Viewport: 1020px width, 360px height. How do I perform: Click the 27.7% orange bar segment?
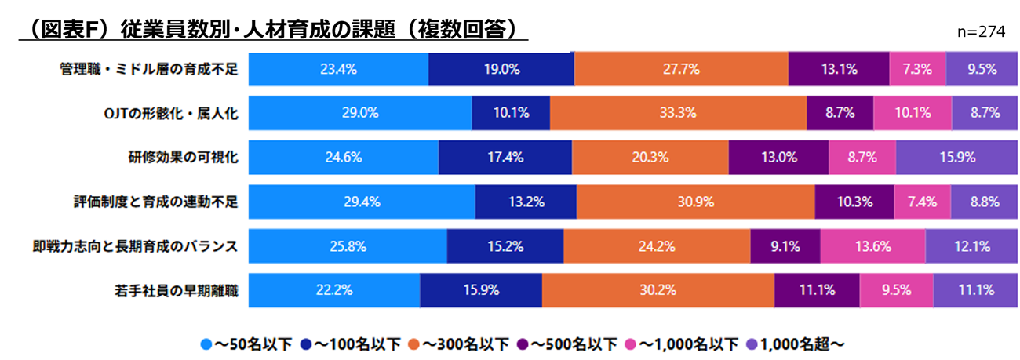point(680,69)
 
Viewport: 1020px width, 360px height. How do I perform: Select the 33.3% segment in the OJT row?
point(678,113)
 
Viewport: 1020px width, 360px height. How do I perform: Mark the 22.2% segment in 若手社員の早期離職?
point(333,290)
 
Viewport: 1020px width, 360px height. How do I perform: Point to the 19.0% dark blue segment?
point(501,69)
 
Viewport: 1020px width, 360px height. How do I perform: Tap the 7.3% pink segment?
point(917,69)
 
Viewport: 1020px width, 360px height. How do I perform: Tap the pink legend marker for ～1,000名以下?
point(629,344)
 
